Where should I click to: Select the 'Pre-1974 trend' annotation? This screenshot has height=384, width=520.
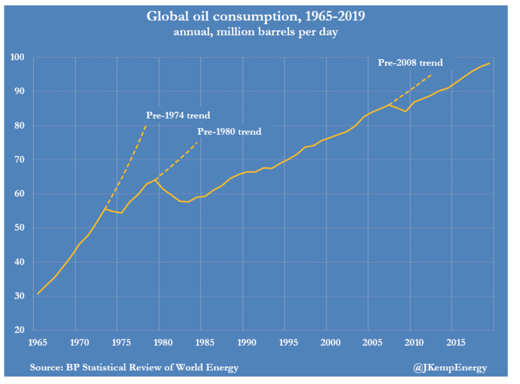click(x=177, y=116)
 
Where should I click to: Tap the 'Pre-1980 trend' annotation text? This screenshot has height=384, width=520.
click(x=229, y=132)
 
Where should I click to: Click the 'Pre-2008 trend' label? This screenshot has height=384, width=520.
click(x=410, y=63)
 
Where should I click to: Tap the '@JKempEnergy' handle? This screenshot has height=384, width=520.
click(x=450, y=368)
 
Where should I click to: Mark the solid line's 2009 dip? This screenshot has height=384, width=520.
click(x=405, y=112)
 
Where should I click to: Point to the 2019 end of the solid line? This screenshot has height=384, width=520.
click(x=489, y=64)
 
